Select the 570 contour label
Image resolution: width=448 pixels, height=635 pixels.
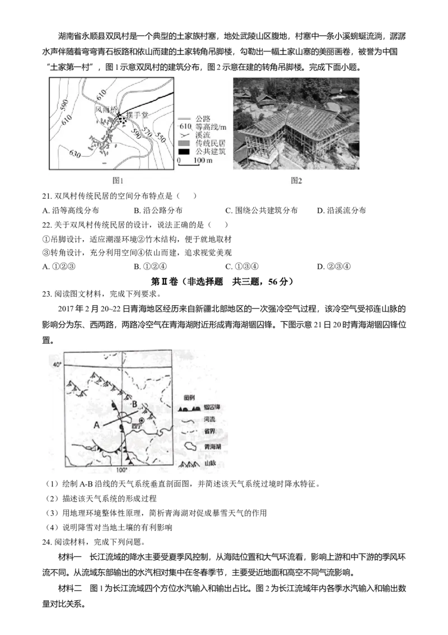(x=147, y=132)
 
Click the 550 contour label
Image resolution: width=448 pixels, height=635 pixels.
(x=160, y=137)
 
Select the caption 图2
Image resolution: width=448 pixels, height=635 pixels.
(x=296, y=180)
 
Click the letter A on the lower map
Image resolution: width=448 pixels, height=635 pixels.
(x=96, y=425)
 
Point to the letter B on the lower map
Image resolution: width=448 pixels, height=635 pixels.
(x=134, y=404)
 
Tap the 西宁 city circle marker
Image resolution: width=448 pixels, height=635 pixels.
(x=142, y=420)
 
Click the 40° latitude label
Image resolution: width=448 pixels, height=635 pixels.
(x=55, y=365)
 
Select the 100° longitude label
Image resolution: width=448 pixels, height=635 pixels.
(x=122, y=470)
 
